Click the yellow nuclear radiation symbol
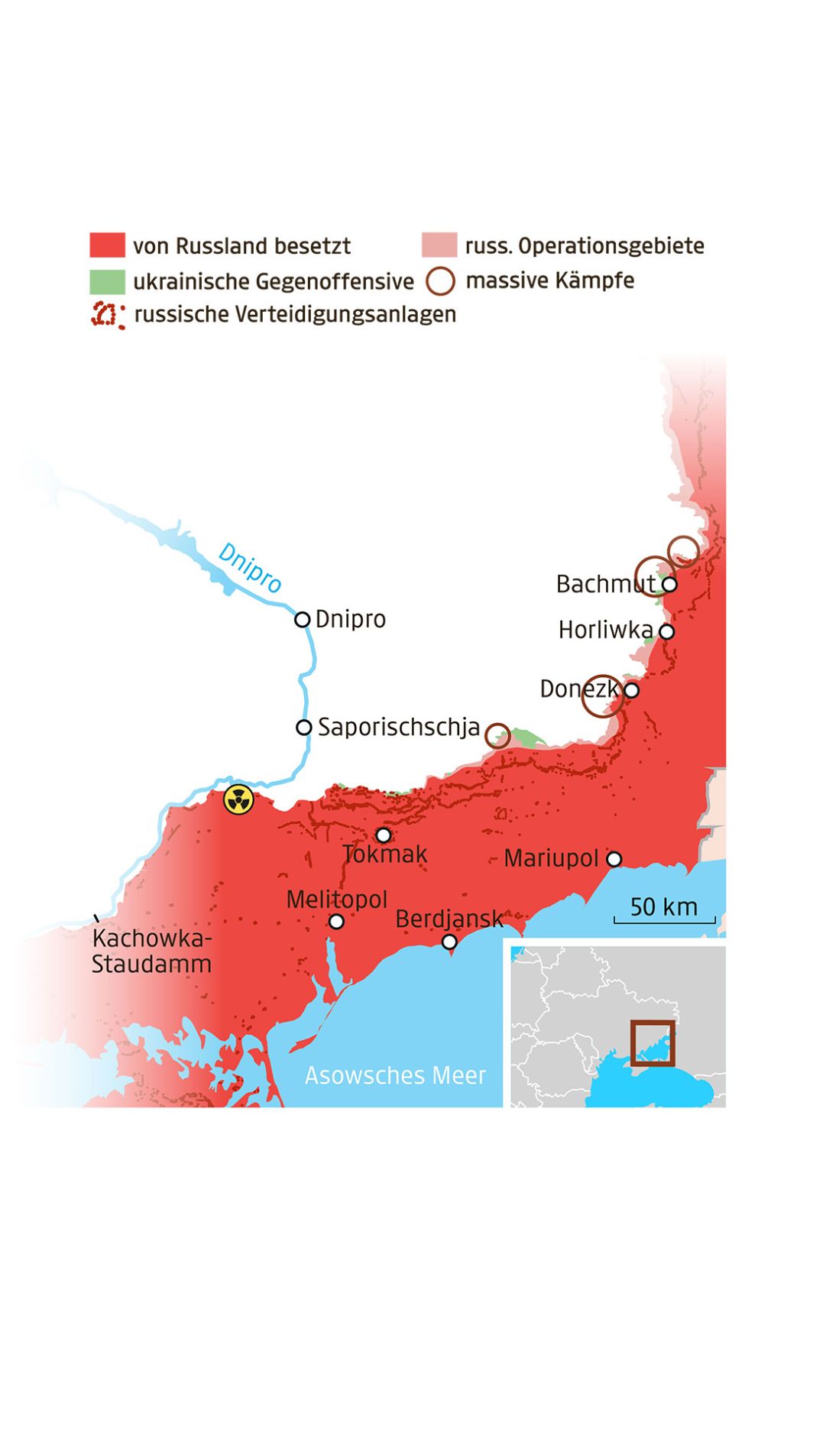238,800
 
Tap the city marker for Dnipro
303,619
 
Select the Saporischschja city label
398,727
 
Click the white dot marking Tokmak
384,835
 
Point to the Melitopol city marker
336,921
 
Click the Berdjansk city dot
449,942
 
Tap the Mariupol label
551,858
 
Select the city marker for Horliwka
666,631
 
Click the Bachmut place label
604,584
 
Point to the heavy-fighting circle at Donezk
602,696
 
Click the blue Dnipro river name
250,567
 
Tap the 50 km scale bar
664,919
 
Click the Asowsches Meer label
395,1075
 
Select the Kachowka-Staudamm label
151,952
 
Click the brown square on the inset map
653,1042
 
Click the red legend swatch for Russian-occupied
107,245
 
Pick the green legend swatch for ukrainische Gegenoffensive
107,281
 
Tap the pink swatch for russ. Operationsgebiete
439,245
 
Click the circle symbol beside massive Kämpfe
440,280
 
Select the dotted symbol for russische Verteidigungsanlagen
108,315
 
